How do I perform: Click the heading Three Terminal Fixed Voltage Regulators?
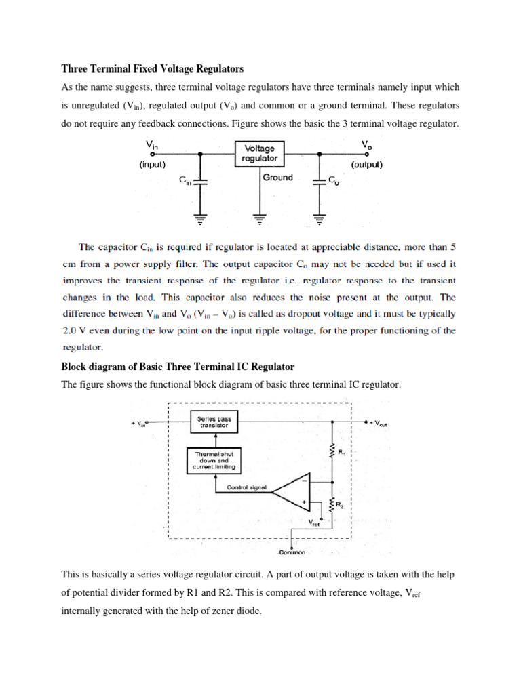[x=152, y=69]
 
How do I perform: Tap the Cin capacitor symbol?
[x=201, y=181]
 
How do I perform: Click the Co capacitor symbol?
[x=318, y=181]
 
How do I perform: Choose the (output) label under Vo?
[x=367, y=164]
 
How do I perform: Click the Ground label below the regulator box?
[x=277, y=178]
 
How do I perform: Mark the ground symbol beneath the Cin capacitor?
[x=201, y=219]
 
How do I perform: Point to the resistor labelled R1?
[x=332, y=449]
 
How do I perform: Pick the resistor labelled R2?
[x=332, y=505]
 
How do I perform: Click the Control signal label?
[x=247, y=486]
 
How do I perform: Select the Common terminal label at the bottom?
[x=291, y=552]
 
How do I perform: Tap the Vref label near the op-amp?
[x=315, y=523]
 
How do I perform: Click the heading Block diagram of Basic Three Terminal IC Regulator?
[x=178, y=367]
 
